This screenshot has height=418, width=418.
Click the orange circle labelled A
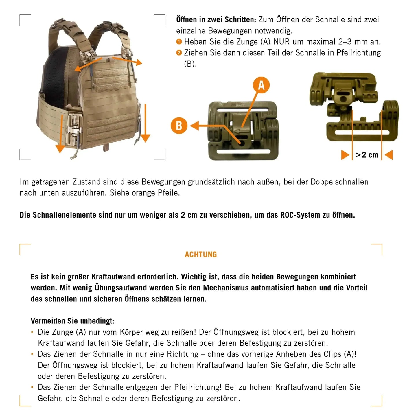(x=261, y=85)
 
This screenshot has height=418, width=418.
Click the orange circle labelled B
(x=179, y=126)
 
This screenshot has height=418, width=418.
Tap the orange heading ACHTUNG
(x=201, y=255)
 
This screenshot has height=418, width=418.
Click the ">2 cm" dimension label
(x=367, y=155)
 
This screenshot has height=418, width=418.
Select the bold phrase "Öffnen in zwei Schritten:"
(x=216, y=20)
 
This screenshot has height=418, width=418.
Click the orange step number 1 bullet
(x=179, y=42)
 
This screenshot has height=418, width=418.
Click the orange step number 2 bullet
(x=179, y=53)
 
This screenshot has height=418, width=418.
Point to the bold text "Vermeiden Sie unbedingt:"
(x=72, y=321)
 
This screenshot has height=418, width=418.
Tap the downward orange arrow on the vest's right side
(x=145, y=124)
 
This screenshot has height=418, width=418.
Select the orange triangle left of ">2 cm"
(x=345, y=155)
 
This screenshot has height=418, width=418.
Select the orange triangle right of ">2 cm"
(x=389, y=155)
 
